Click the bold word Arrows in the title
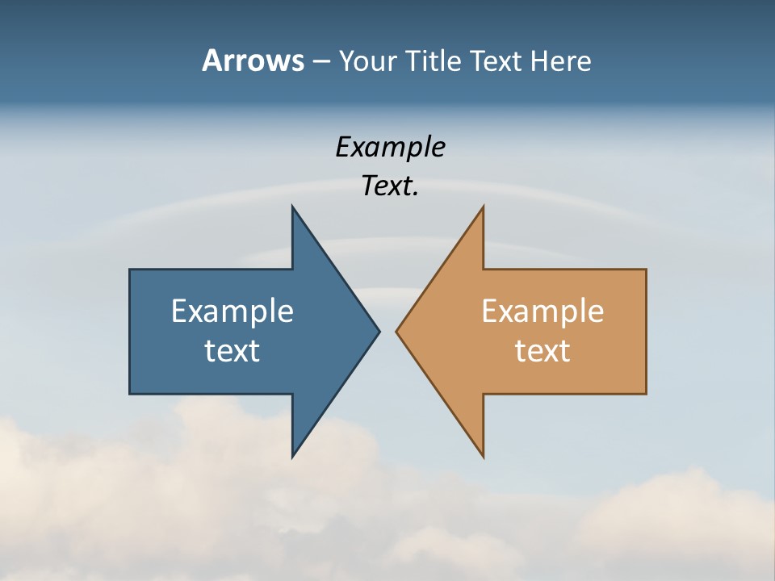[253, 61]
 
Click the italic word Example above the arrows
[391, 148]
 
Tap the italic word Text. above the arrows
[391, 186]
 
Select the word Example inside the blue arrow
[232, 311]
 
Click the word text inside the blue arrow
[232, 351]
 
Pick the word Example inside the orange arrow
[542, 311]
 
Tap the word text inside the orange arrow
[542, 351]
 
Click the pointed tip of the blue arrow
[379, 331]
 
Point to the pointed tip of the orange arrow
[396, 331]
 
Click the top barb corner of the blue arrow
[292, 207]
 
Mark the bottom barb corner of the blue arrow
[292, 457]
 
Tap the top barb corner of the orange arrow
[483, 207]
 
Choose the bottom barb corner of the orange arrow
[483, 457]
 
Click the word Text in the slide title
[495, 61]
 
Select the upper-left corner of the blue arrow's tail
[130, 270]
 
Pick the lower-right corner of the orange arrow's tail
[646, 394]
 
